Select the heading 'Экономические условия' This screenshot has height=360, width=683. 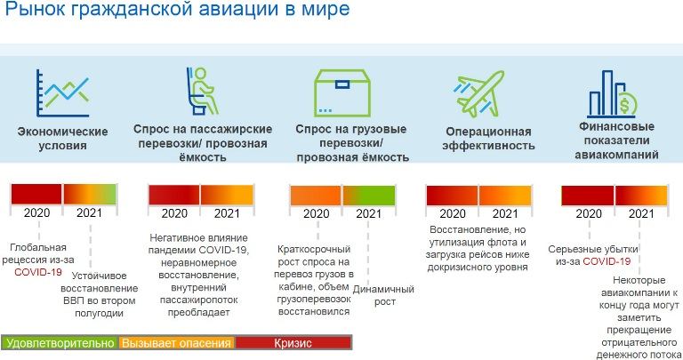coord(62,138)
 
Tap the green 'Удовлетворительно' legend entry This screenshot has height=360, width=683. coord(60,342)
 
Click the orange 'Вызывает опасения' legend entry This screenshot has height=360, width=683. coord(177,342)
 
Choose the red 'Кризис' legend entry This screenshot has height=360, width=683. coord(293,342)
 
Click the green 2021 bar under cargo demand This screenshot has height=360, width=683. coord(367,195)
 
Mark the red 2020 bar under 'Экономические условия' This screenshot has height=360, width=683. coord(36,194)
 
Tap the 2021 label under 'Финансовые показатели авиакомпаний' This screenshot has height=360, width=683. coord(640,213)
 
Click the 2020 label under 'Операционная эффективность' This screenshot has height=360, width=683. coord(452,213)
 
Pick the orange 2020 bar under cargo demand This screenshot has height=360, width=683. coord(316,195)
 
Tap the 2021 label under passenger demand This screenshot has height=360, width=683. coord(227,213)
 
